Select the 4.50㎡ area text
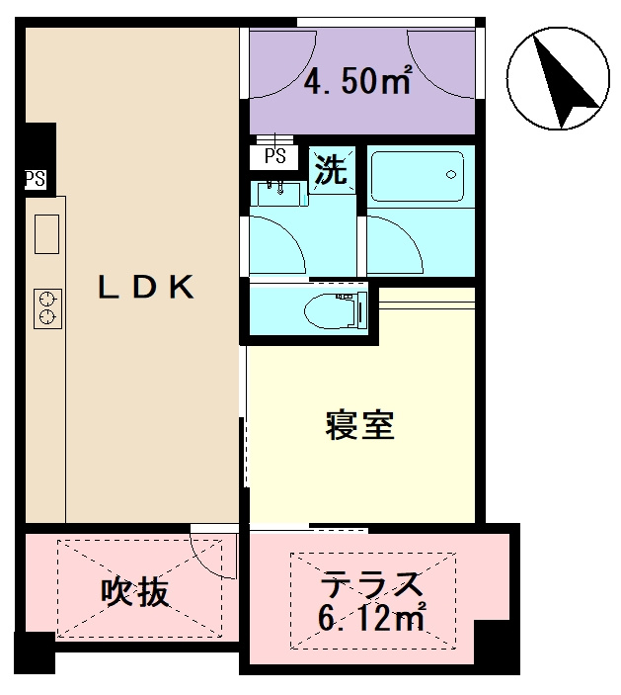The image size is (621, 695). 356,82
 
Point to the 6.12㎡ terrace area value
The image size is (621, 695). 370,620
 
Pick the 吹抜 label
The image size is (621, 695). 135,592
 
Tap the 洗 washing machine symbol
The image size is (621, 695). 331,171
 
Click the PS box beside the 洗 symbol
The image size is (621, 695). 275,156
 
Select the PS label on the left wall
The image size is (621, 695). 35,179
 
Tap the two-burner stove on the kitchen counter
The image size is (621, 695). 46,306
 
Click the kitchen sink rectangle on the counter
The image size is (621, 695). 46,233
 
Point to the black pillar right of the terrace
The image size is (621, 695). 499,643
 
